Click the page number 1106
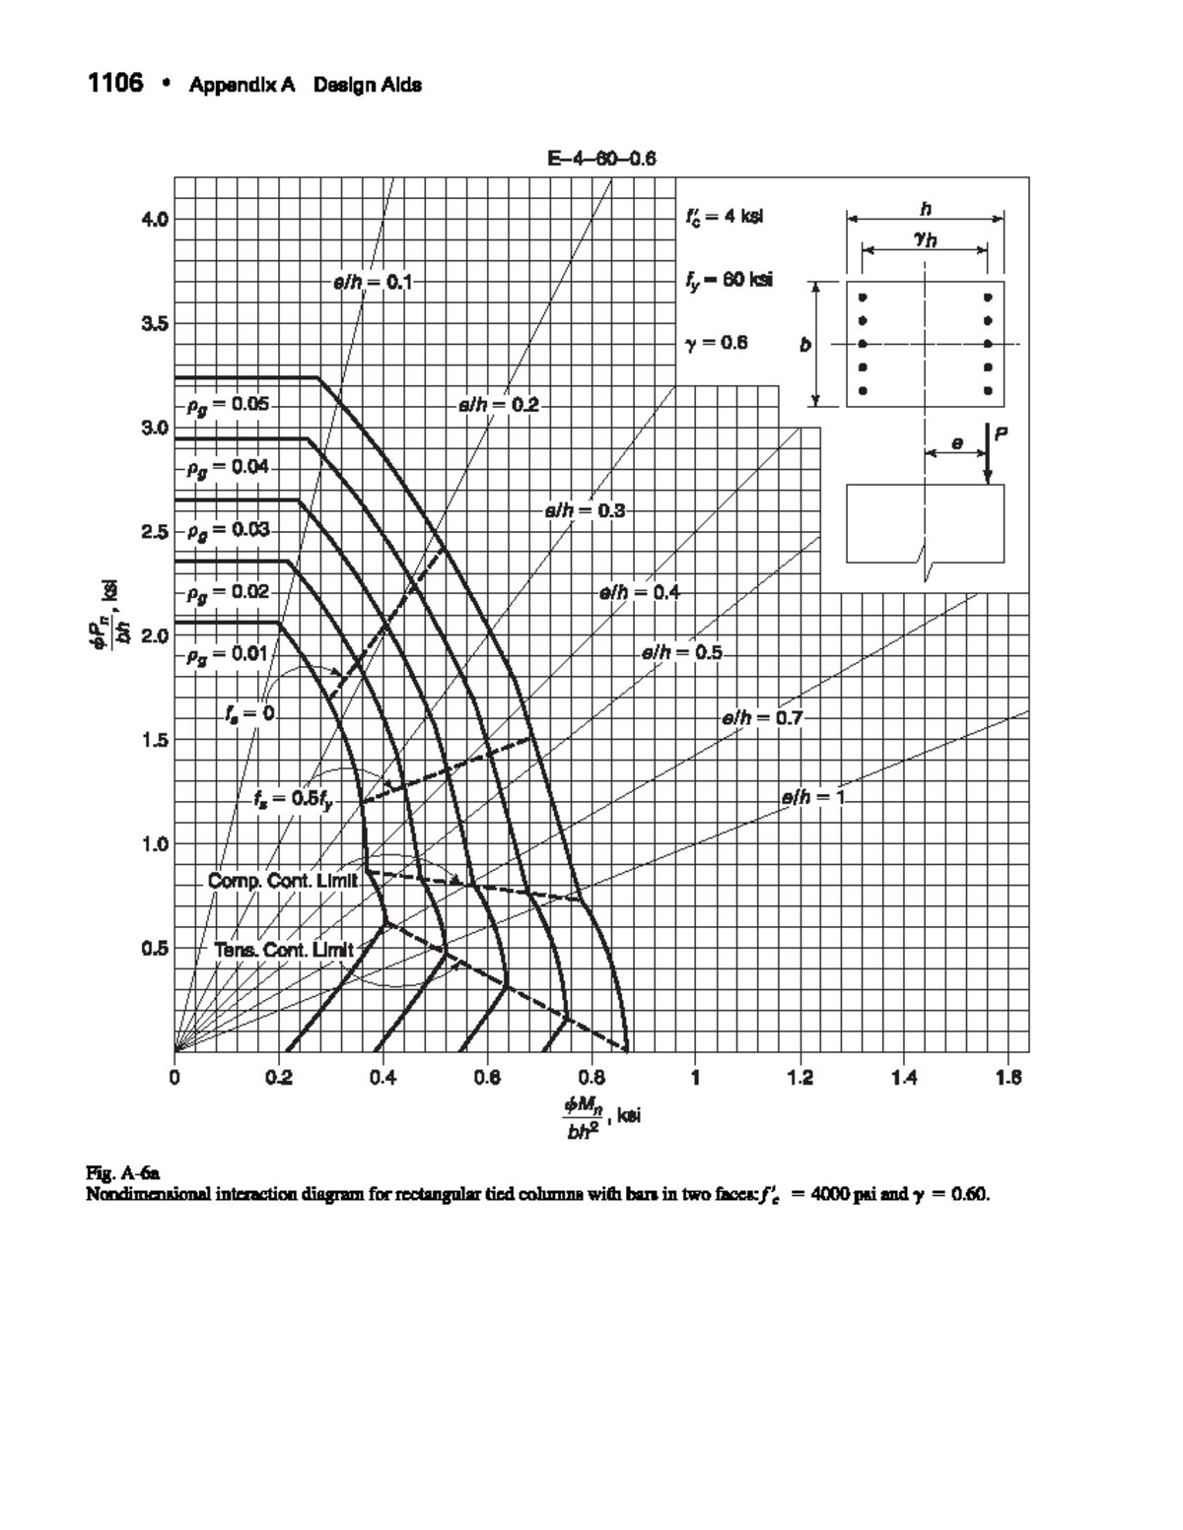point(115,83)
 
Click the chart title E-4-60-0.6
point(601,159)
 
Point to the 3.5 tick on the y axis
point(156,323)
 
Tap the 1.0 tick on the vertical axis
point(156,844)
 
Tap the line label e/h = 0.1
point(371,283)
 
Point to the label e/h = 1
point(813,798)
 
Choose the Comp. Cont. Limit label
point(283,880)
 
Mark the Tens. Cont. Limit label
point(283,950)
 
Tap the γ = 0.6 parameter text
point(716,343)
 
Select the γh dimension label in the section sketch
point(925,238)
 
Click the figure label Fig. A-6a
point(116,1172)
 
